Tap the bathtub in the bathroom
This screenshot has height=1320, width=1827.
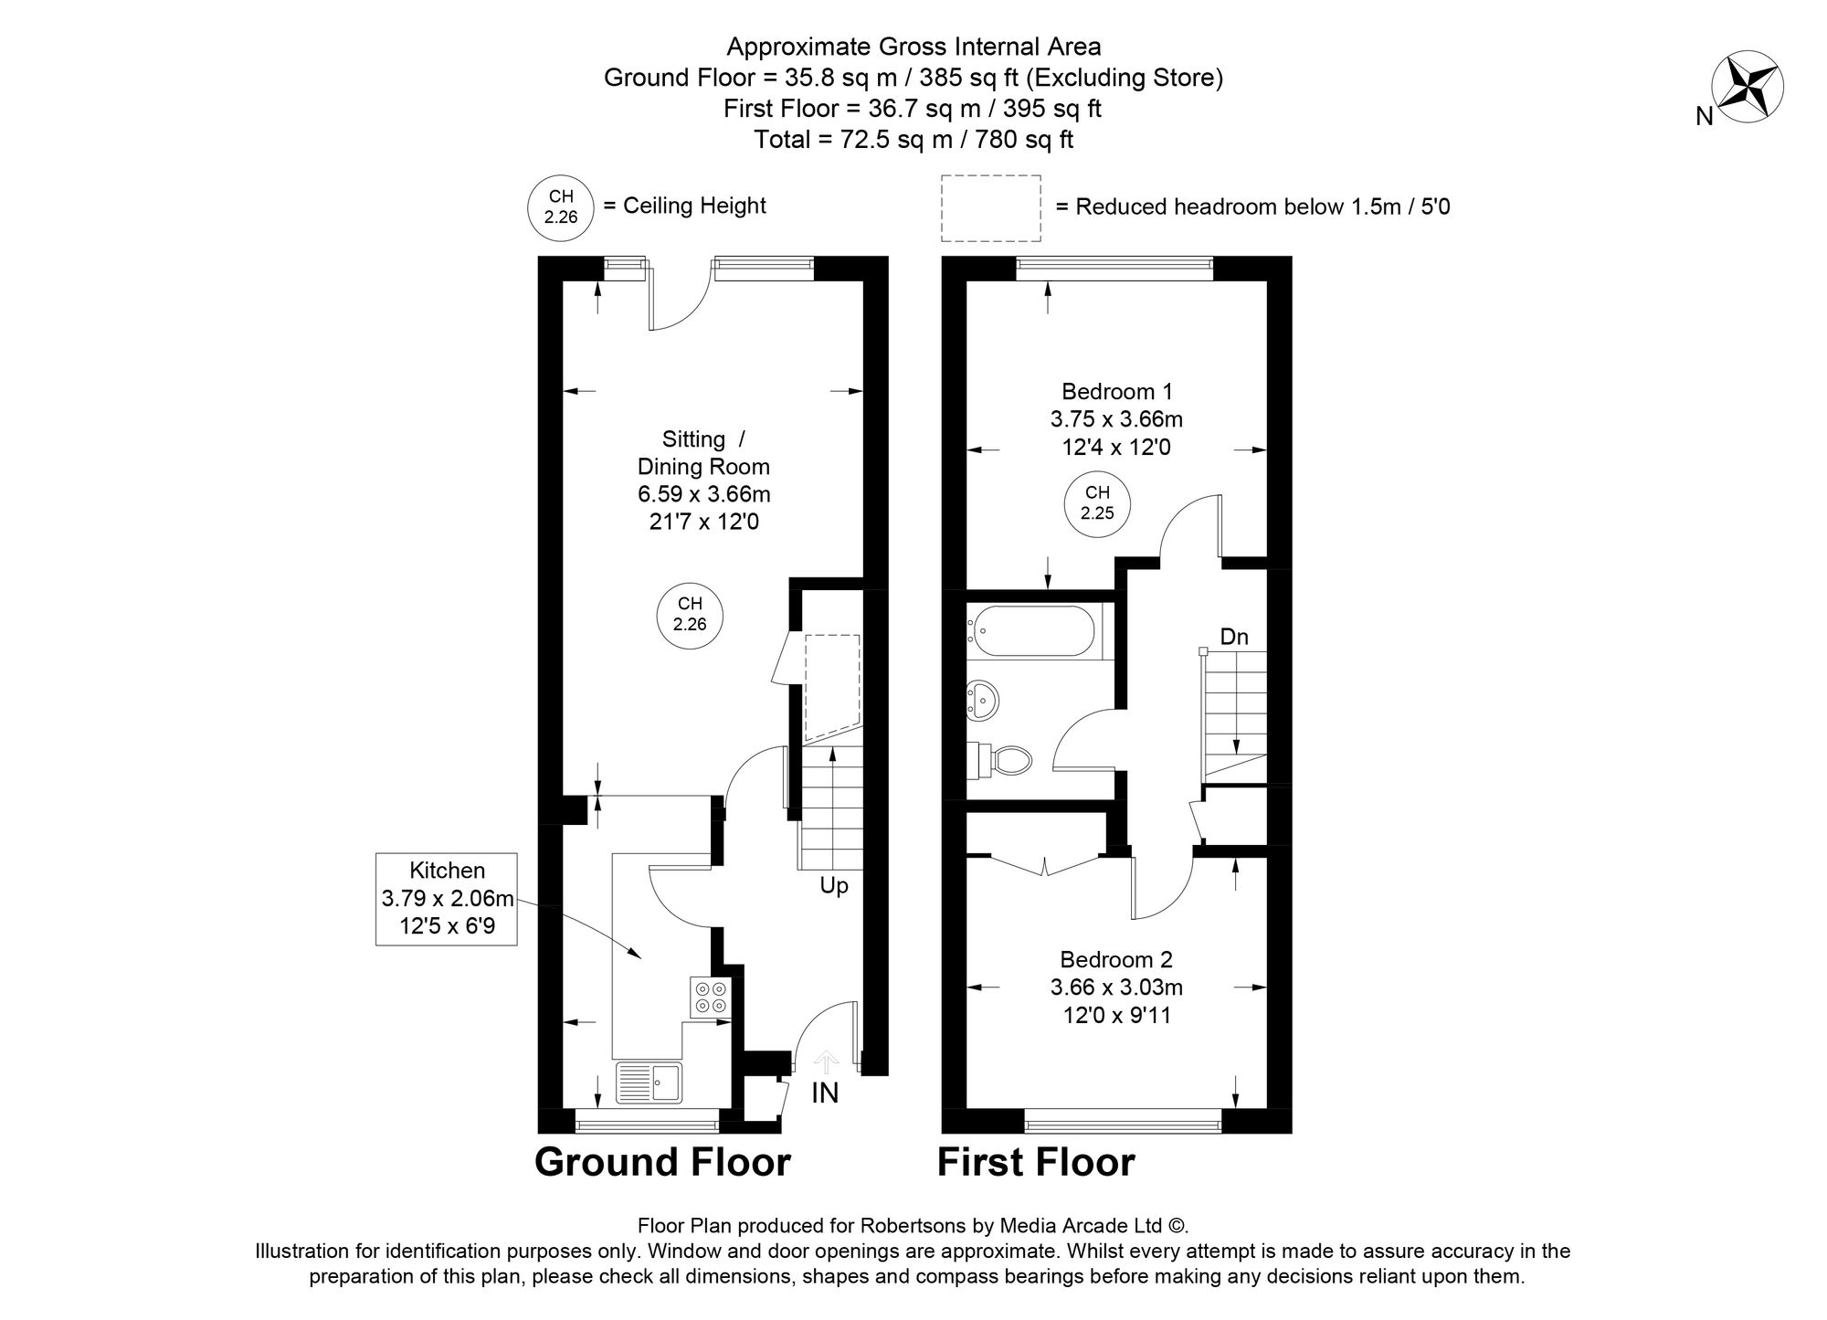pyautogui.click(x=1034, y=630)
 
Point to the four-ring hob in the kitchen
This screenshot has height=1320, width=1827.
pyautogui.click(x=711, y=997)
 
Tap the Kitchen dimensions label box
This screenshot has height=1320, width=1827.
pyautogui.click(x=447, y=899)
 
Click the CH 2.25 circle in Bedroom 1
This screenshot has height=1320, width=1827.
pyautogui.click(x=1097, y=503)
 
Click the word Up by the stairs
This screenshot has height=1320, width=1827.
pyautogui.click(x=833, y=885)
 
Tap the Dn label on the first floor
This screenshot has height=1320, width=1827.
pyautogui.click(x=1233, y=637)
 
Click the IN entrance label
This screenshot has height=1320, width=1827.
pyautogui.click(x=824, y=1093)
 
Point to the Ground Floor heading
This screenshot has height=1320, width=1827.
pyautogui.click(x=662, y=1162)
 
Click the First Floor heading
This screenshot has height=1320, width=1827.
pyautogui.click(x=1036, y=1162)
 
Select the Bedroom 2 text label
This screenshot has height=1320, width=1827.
pyautogui.click(x=1115, y=959)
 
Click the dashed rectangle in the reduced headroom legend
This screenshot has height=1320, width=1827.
pyautogui.click(x=991, y=208)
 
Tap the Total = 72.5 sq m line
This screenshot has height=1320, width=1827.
pyautogui.click(x=913, y=140)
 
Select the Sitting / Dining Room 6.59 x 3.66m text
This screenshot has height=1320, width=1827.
pyautogui.click(x=703, y=480)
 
